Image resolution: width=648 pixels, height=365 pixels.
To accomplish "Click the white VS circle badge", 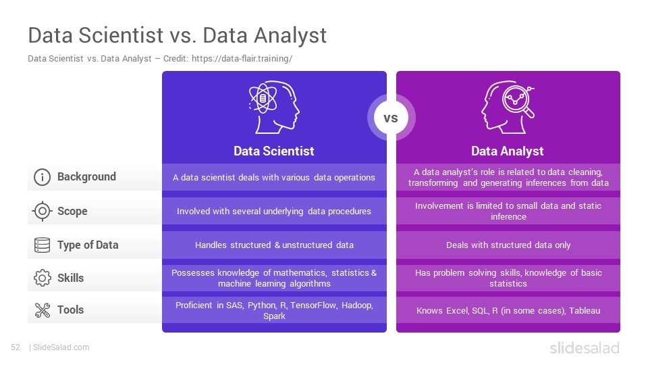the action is pos(391,118).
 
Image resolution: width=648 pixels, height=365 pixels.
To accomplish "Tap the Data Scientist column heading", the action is pos(274,151).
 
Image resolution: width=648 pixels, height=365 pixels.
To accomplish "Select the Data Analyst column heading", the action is pos(508,151).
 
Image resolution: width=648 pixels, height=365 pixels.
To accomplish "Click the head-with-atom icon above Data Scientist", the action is pos(274,107).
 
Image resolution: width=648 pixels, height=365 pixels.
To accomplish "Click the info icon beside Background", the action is pos(42,177).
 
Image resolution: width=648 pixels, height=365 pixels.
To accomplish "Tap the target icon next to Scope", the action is pos(42,211).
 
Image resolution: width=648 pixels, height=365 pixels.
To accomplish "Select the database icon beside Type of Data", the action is pos(42,245).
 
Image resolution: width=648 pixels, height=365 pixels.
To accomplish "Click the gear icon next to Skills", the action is pos(42,278).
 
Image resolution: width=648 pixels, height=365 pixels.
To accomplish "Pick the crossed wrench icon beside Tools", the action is pos(42,310).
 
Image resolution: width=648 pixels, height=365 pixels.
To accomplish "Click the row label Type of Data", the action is pos(88,245).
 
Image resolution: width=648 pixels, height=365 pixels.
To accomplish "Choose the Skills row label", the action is pos(71,278).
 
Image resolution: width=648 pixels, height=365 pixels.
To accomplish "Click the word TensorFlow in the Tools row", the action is pos(313,306).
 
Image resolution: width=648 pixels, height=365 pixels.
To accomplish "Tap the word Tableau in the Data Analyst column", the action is pos(585,311).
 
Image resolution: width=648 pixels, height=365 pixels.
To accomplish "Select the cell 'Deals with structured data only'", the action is pos(508,245).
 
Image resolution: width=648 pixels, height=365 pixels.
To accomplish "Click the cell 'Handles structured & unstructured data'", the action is pos(275,245).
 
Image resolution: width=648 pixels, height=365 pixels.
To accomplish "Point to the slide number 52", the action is pos(16,347).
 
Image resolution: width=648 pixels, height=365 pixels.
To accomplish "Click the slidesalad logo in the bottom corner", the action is pos(585,348).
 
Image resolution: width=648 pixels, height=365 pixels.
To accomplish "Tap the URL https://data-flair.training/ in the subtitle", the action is pos(242,59).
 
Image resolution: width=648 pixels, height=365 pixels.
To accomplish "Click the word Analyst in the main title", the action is pos(290,36).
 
